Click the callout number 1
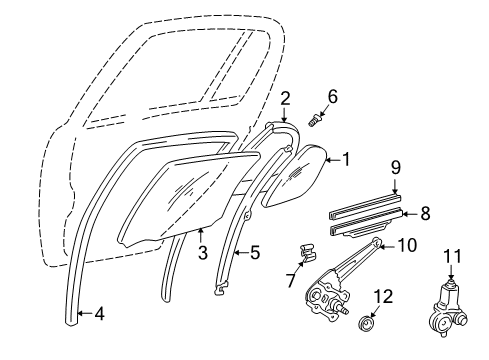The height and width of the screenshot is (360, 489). (347, 157)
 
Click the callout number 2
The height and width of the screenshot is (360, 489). (285, 97)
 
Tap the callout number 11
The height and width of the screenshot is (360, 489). (450, 258)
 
